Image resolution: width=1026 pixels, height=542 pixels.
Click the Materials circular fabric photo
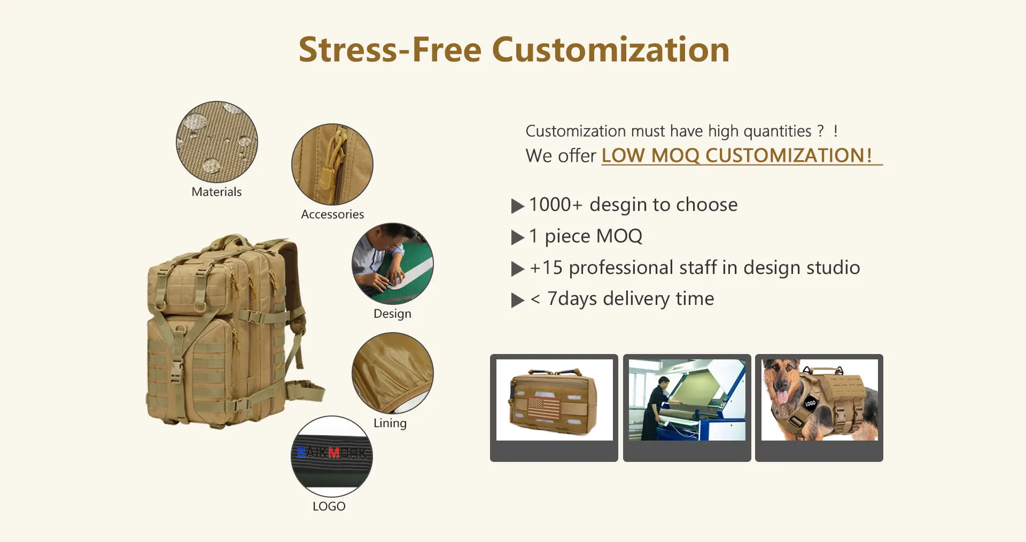click(217, 142)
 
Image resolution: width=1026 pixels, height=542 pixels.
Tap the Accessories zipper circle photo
click(332, 164)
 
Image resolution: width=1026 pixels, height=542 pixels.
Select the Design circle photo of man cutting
click(393, 264)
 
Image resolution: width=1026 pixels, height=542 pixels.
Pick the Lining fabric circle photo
click(393, 373)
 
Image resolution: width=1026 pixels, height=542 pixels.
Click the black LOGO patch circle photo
click(332, 457)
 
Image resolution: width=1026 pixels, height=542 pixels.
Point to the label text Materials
click(216, 192)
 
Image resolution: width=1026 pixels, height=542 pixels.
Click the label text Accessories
click(332, 214)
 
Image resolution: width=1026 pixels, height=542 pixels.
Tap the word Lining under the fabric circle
click(390, 423)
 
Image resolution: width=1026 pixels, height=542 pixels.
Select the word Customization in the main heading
click(611, 50)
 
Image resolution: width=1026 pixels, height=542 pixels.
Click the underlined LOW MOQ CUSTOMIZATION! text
click(737, 155)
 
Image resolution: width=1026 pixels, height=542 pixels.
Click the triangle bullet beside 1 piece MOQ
click(517, 237)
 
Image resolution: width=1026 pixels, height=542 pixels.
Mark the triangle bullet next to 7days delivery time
click(517, 300)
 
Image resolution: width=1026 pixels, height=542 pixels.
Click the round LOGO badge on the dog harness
click(811, 403)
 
